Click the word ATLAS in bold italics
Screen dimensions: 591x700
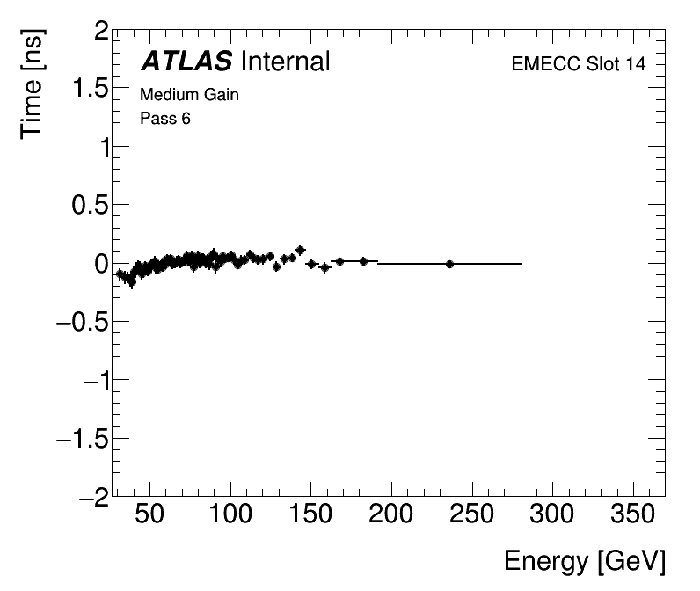(x=186, y=62)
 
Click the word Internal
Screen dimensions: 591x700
(x=284, y=62)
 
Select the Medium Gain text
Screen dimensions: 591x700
(x=189, y=95)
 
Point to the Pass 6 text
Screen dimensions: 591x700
(x=165, y=119)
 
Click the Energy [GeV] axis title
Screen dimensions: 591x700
(x=584, y=561)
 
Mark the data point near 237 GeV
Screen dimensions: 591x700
(x=449, y=264)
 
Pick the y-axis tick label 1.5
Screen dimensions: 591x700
(x=90, y=91)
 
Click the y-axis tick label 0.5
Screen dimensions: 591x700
(x=90, y=206)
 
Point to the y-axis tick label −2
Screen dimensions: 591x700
(x=90, y=496)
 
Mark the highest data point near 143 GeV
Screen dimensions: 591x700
(x=301, y=251)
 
